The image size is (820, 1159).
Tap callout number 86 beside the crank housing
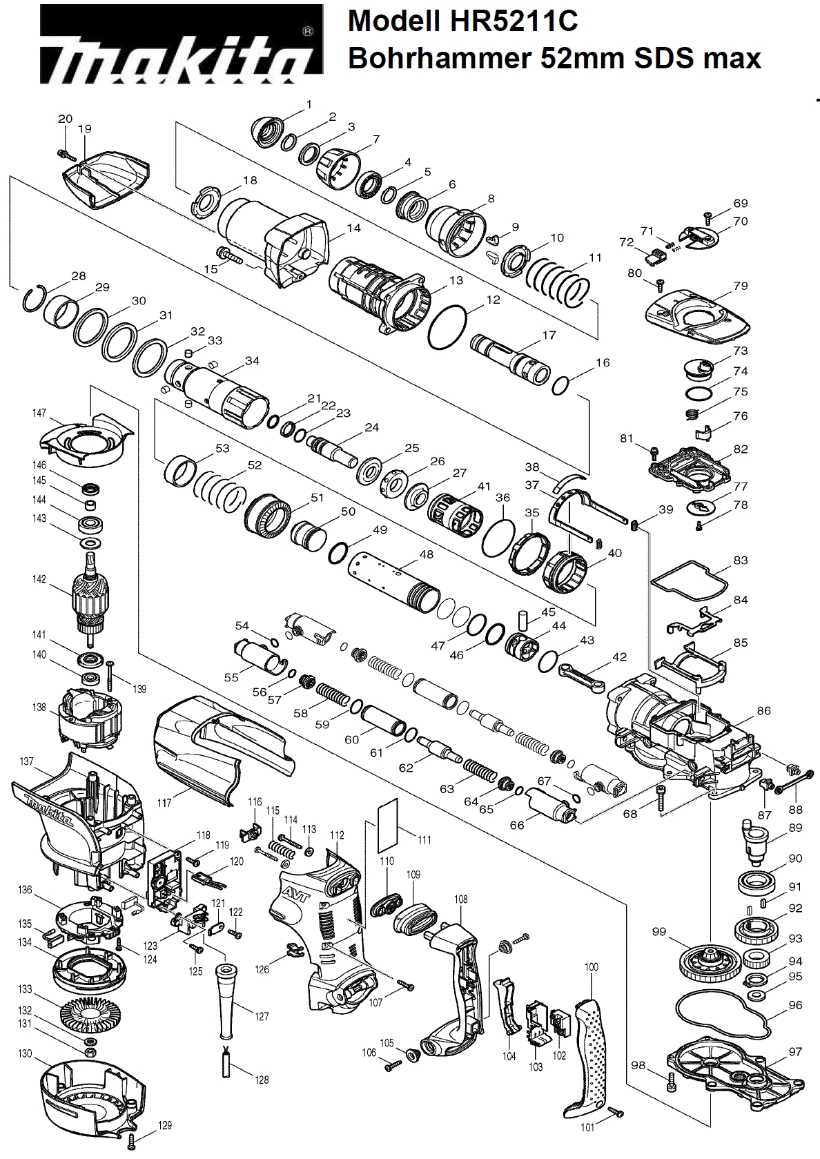763,710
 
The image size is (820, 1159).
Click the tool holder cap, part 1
270,130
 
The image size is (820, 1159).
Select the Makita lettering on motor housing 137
48,810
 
